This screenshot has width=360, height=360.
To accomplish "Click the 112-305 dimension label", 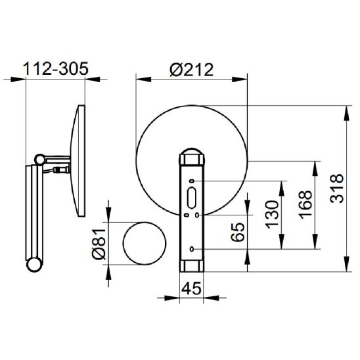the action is coord(56,68).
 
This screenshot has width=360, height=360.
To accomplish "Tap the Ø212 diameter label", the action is coord(191,70).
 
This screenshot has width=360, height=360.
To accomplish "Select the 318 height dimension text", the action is coord(337,189).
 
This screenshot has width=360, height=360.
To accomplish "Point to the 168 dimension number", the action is coord(305,204).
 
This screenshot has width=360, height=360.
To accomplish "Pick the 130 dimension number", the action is coord(272,214).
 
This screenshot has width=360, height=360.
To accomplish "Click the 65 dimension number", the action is coord(238,232).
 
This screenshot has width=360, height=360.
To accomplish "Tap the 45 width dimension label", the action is coord(191,288).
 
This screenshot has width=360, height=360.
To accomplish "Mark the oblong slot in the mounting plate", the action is coord(192,198).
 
